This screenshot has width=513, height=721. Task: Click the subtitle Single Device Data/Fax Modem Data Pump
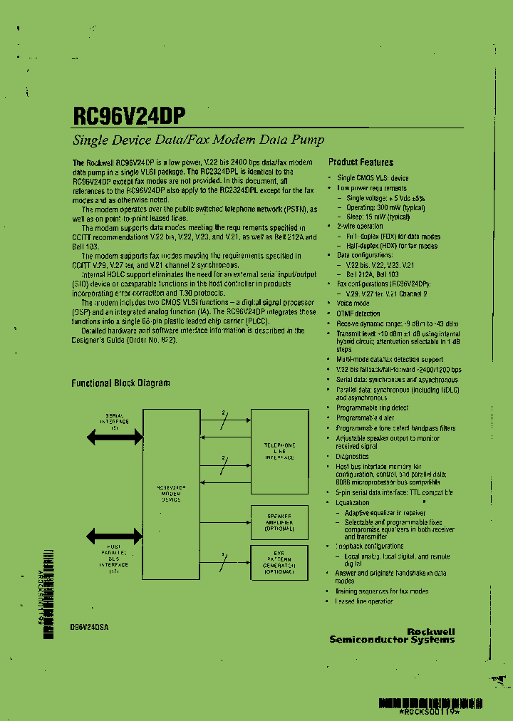(x=199, y=140)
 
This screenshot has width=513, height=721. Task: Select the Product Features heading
(x=361, y=162)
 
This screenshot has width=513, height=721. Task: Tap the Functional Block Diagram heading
(x=120, y=383)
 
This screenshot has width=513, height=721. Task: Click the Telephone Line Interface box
(x=279, y=452)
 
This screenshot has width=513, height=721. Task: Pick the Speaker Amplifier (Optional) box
(x=279, y=522)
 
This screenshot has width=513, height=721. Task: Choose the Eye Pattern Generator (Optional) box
(x=279, y=562)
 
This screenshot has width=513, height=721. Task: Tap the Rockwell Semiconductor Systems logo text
(x=391, y=636)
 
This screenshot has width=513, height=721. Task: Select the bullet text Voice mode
(x=353, y=303)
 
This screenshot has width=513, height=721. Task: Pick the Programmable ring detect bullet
(x=372, y=408)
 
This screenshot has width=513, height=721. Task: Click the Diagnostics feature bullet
(x=352, y=457)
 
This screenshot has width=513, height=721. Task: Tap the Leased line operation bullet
(x=364, y=601)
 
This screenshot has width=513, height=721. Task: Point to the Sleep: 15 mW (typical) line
(x=378, y=217)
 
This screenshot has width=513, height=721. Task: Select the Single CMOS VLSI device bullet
(x=373, y=178)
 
